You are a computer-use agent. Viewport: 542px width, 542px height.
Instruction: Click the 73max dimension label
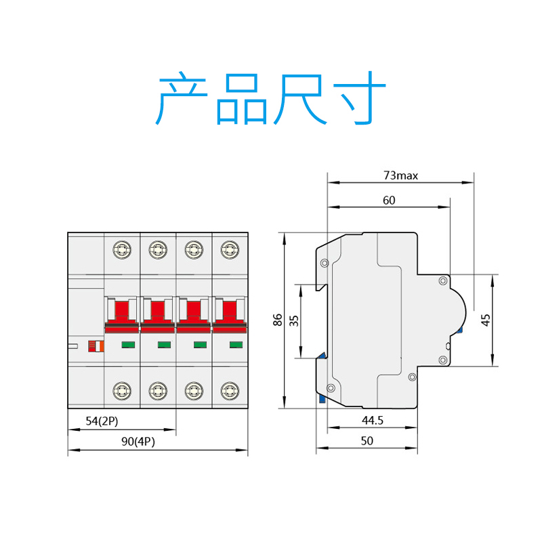tap(400, 175)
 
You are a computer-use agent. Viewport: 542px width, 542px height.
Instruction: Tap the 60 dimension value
tap(388, 201)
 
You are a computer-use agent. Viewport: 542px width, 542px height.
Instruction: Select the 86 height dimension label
tap(277, 320)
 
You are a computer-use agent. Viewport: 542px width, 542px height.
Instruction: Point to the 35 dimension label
tap(293, 320)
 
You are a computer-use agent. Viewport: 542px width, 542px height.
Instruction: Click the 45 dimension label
tap(484, 320)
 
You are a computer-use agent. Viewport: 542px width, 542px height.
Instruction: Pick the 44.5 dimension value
tap(372, 420)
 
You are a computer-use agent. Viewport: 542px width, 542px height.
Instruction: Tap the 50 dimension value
tap(367, 440)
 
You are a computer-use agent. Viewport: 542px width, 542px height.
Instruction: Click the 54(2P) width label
tap(102, 421)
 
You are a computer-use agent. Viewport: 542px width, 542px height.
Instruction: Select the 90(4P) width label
tap(139, 441)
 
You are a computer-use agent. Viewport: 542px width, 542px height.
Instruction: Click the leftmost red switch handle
tap(121, 311)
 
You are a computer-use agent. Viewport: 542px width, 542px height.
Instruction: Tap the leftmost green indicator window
tap(127, 345)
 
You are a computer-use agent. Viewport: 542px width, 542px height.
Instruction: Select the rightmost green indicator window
tap(236, 345)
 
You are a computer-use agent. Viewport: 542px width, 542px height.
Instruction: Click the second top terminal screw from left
tap(158, 249)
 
